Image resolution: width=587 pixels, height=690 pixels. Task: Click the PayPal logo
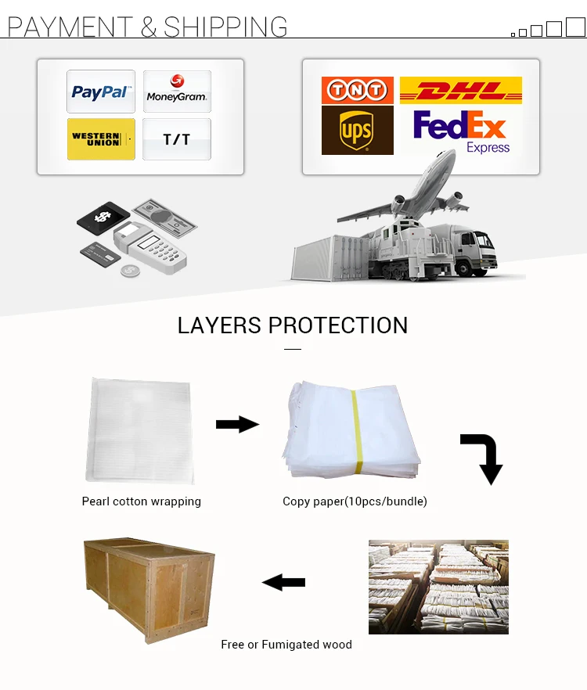(100, 92)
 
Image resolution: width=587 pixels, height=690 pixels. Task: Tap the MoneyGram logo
(176, 92)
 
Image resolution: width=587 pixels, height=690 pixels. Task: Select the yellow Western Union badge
(101, 139)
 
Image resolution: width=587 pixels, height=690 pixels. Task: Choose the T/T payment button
(176, 139)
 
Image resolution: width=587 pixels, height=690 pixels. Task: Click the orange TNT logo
(357, 90)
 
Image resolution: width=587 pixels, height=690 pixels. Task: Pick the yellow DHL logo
(460, 90)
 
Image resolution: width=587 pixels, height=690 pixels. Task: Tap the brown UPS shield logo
(357, 131)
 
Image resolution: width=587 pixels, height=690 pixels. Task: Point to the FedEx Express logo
(460, 131)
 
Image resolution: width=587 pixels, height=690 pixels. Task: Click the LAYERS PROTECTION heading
(293, 325)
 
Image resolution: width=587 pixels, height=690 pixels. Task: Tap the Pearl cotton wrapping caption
(142, 501)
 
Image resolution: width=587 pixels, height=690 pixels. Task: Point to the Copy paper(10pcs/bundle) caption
(355, 501)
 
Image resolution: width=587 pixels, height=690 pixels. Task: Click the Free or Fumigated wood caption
(286, 645)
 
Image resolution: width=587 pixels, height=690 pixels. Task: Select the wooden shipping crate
(149, 588)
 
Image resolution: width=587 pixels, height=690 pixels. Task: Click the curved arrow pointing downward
(482, 458)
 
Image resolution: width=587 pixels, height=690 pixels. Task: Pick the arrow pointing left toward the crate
(283, 582)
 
